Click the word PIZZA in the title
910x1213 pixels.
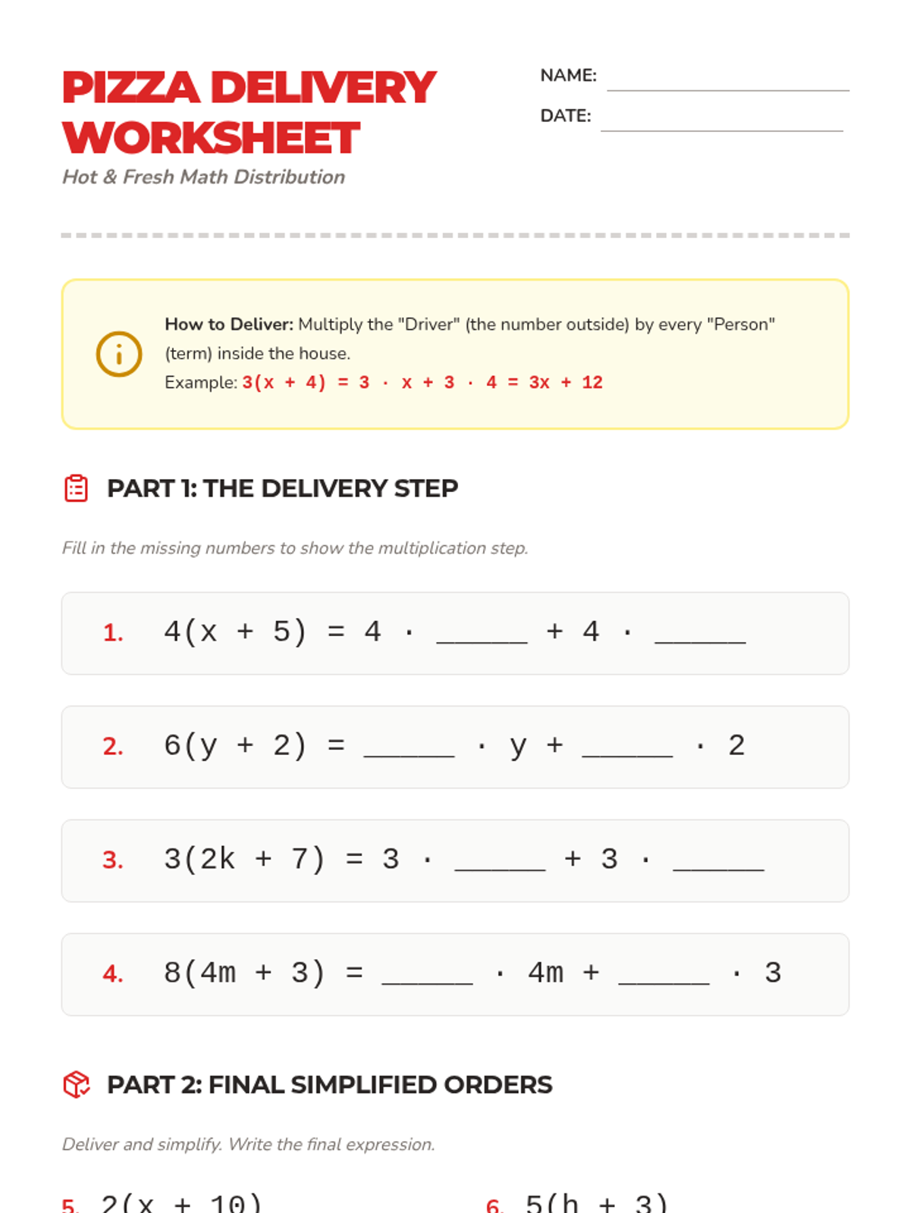click(x=131, y=88)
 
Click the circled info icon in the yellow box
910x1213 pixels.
click(x=119, y=354)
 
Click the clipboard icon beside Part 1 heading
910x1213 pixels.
click(x=77, y=488)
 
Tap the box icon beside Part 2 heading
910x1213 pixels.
click(x=77, y=1084)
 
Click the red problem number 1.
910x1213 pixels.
click(x=113, y=632)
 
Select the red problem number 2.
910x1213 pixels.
click(x=113, y=746)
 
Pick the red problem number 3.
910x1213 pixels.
click(x=113, y=860)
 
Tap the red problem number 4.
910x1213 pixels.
click(x=113, y=973)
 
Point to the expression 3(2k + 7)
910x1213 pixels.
click(x=244, y=859)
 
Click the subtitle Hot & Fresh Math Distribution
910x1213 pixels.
click(x=203, y=177)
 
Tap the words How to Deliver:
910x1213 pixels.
click(x=229, y=324)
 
